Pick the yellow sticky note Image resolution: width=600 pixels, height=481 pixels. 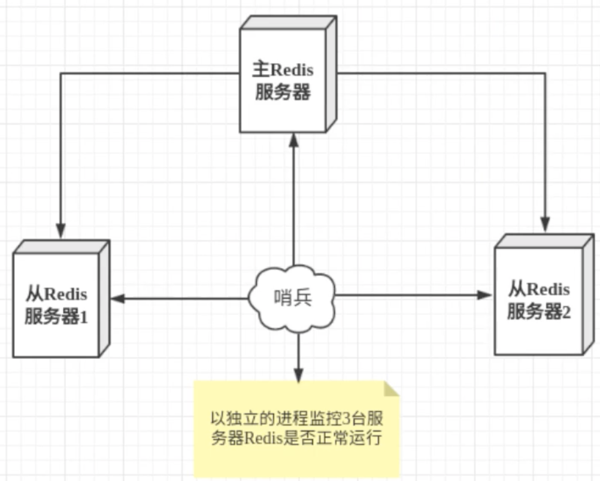click(296, 428)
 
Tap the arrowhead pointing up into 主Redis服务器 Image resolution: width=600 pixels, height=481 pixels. click(293, 139)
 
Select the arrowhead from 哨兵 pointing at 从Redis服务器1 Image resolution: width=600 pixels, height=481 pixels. click(117, 297)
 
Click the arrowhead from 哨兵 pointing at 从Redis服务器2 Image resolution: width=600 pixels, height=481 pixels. click(485, 294)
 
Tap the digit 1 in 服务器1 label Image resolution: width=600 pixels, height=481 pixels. click(84, 317)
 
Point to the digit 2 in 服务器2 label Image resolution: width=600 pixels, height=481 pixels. click(566, 312)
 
